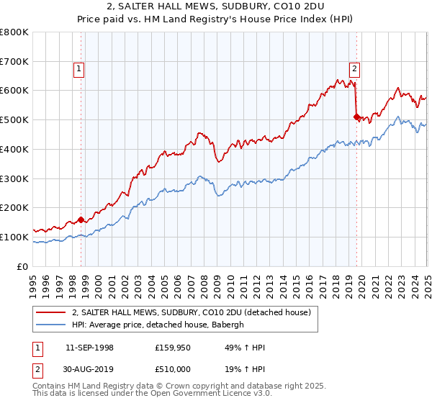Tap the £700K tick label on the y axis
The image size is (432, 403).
pos(14,61)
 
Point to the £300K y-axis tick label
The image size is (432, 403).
pos(14,178)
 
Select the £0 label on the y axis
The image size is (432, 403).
pos(23,266)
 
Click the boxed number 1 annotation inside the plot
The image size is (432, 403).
pos(78,69)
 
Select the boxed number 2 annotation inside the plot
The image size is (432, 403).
pos(355,69)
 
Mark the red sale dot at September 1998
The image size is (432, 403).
pos(81,219)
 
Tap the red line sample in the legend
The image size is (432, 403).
pos(51,312)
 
